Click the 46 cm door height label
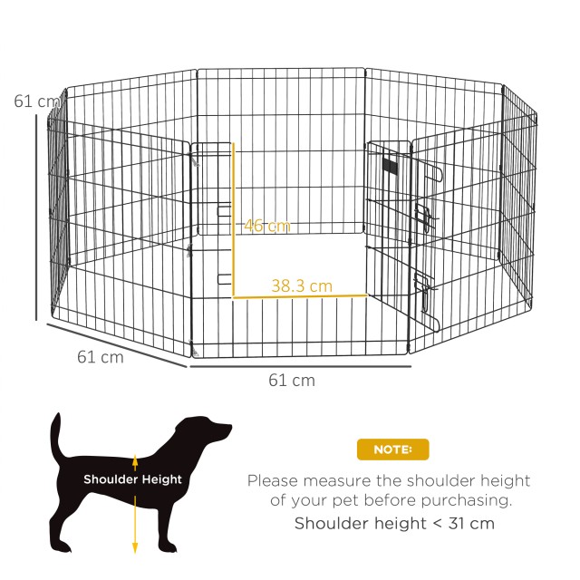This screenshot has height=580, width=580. (266, 226)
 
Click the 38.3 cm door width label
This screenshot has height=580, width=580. (302, 285)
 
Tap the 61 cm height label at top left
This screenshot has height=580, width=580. (34, 101)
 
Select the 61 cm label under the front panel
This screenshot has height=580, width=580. (292, 381)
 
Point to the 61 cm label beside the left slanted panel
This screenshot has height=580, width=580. (100, 357)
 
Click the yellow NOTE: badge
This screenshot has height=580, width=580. (392, 449)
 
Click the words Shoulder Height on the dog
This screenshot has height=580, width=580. (133, 479)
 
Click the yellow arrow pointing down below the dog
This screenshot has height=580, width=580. (135, 535)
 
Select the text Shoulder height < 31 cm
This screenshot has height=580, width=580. (394, 523)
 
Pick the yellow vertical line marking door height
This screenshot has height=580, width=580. (234, 217)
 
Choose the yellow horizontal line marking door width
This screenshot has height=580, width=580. (300, 296)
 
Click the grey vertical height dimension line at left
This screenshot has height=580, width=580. (37, 217)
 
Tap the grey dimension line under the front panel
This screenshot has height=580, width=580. (299, 366)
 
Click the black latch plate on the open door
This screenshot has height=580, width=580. (391, 167)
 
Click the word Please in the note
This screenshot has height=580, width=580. (274, 481)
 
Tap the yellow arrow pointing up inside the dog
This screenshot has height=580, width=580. (135, 462)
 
